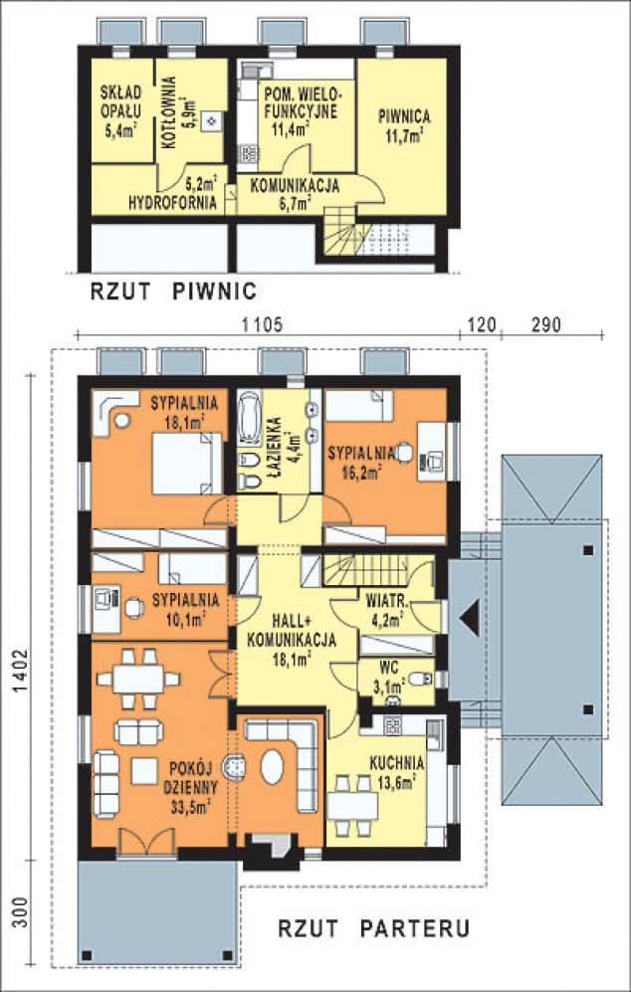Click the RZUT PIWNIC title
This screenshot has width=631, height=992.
point(173,291)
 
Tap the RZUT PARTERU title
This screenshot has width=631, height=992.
point(374,928)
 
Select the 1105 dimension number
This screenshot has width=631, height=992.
point(262,324)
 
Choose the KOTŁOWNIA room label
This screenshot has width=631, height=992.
point(168,112)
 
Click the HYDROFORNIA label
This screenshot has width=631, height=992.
point(172,203)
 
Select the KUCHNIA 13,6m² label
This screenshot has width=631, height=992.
point(397,772)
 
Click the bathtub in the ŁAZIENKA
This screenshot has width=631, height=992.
point(249,418)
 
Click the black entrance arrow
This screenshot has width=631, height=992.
point(470,617)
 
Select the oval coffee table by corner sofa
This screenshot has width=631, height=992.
point(273,767)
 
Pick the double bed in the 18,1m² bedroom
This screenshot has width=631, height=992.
point(187,463)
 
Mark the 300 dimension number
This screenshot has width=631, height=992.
point(21,912)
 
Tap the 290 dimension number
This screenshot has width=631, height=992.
point(545,324)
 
